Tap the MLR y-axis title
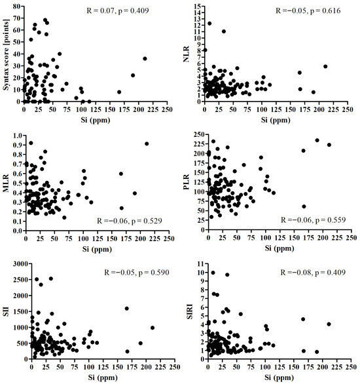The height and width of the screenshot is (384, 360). pyautogui.click(x=7, y=178)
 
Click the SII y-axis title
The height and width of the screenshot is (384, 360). pyautogui.click(x=7, y=302)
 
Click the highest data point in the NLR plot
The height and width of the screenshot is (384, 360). pyautogui.click(x=209, y=24)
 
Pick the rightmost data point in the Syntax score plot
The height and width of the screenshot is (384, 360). pyautogui.click(x=145, y=58)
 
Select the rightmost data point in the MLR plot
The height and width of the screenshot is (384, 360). pyautogui.click(x=147, y=144)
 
